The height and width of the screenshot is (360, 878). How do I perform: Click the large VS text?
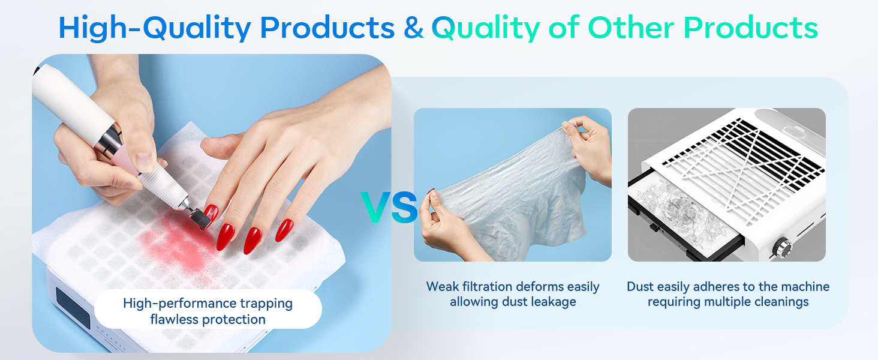[389, 208]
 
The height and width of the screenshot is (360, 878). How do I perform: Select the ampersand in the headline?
[413, 28]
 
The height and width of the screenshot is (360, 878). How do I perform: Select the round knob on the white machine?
[781, 248]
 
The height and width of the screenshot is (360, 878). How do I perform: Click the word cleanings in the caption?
[780, 302]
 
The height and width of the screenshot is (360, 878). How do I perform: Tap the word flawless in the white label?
[174, 319]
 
